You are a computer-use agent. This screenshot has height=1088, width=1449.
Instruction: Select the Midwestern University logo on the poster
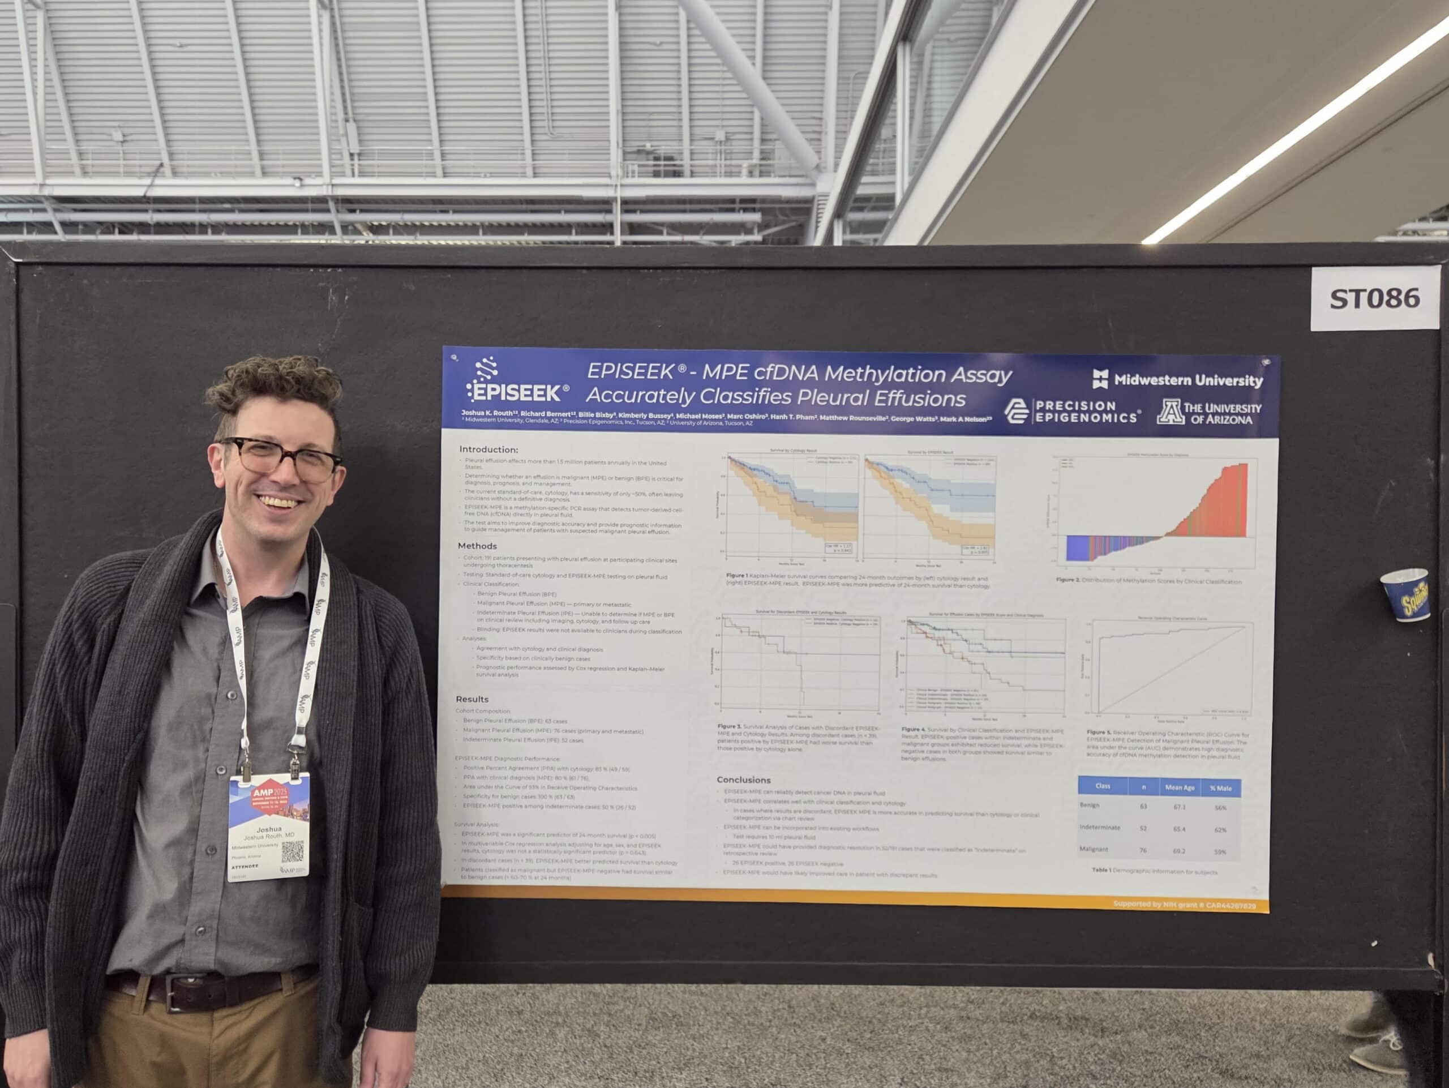point(1177,379)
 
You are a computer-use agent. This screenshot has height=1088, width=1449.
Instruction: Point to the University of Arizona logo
point(1208,413)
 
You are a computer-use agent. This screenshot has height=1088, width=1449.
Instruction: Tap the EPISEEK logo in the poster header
point(516,383)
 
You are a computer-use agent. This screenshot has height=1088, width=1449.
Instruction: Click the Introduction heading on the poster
point(488,449)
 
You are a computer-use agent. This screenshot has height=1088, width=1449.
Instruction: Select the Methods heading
point(477,546)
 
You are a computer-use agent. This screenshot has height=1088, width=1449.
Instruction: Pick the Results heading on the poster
point(471,699)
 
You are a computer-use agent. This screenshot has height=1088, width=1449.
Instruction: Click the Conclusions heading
point(743,779)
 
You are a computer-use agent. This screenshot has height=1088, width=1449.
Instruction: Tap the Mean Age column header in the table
point(1179,787)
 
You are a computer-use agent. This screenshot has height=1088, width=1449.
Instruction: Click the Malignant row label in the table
point(1094,849)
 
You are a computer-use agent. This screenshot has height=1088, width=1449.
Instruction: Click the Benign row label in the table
point(1090,805)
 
